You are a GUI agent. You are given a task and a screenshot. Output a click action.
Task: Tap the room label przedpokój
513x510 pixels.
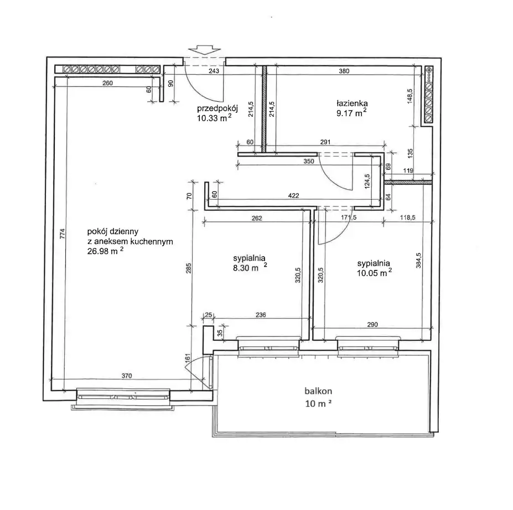point(217,108)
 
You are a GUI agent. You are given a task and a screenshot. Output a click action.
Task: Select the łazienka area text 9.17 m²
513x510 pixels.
point(351,113)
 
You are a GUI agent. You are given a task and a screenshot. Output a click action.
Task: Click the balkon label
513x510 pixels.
point(318,391)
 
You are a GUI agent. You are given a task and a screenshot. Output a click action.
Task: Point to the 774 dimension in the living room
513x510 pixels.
point(63,233)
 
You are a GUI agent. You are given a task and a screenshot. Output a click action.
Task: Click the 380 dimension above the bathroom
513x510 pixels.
point(344,71)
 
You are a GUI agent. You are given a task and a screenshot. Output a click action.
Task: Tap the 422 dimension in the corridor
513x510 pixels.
point(293,195)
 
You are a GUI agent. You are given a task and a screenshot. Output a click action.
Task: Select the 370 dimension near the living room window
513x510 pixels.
point(127,376)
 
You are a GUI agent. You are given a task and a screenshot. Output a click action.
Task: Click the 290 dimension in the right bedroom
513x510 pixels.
point(372,325)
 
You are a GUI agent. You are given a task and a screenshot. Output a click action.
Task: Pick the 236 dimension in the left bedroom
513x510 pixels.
point(261,315)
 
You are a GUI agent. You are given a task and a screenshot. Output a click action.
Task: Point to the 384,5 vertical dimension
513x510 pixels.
point(418,261)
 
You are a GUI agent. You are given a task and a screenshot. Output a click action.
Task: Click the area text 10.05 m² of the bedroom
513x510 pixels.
point(374,273)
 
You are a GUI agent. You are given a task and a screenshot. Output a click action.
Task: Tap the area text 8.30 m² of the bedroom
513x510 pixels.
point(250,267)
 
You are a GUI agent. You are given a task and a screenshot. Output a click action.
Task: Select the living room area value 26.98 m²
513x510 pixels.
point(105,251)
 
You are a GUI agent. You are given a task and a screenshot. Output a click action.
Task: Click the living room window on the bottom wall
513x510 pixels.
point(123,397)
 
